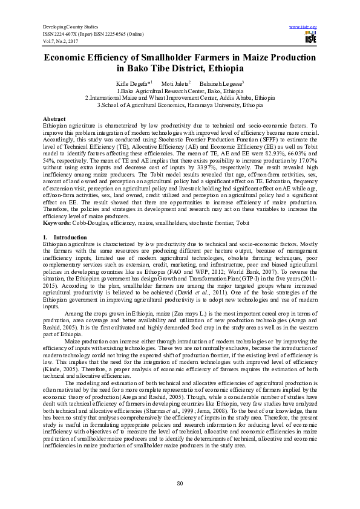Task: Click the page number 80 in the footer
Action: point(180,483)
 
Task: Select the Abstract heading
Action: point(56,119)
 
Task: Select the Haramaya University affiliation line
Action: point(180,104)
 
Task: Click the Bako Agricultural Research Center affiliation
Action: point(180,89)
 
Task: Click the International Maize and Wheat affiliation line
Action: point(180,97)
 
